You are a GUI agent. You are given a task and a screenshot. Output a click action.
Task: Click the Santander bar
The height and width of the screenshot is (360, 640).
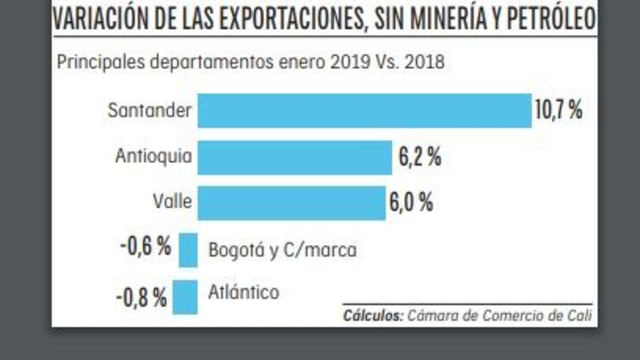364,111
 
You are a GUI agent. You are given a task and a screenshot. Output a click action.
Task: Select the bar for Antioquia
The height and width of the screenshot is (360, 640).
294,157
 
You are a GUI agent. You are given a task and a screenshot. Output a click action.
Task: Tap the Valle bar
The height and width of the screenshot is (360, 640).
291,203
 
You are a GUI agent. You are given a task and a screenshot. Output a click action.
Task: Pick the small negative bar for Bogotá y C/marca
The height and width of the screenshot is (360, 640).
188,250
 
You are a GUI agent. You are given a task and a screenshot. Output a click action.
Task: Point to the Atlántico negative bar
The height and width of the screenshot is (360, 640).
188,297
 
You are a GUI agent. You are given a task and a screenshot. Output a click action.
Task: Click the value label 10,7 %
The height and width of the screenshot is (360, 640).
558,111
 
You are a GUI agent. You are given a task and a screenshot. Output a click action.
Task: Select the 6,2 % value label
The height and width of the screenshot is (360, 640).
420,157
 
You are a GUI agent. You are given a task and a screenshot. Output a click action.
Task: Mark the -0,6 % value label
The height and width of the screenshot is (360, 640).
146,247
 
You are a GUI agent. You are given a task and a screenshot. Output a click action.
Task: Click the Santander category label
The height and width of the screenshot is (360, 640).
149,111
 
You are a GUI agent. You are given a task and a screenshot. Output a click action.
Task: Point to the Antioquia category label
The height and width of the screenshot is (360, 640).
154,157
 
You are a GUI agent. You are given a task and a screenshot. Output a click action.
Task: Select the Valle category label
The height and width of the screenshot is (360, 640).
172,202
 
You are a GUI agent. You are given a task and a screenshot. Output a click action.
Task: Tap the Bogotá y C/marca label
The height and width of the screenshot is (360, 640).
282,250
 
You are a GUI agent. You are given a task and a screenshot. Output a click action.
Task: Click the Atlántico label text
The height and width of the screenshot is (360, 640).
244,292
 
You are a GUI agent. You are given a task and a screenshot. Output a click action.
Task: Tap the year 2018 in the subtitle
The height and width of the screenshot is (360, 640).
424,62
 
